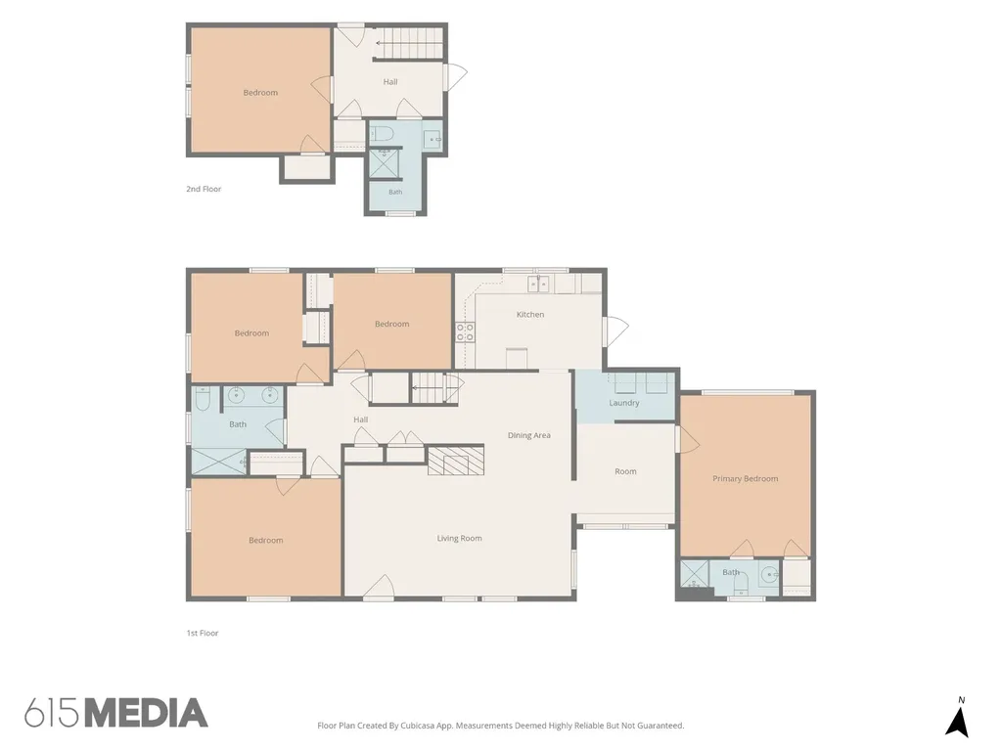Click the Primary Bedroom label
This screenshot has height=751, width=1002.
[745, 478]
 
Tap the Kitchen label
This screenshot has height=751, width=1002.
[530, 314]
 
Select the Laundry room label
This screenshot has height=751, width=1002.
[623, 403]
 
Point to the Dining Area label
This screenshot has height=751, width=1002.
[529, 435]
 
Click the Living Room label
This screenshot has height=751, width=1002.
[460, 539]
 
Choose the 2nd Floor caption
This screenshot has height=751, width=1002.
[204, 189]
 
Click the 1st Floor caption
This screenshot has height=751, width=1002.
[203, 633]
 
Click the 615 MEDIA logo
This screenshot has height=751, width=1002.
[116, 713]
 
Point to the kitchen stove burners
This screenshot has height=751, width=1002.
[465, 332]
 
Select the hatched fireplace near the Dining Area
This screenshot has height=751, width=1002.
[456, 460]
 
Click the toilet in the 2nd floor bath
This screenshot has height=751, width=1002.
[382, 134]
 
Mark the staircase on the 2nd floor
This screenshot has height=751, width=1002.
[408, 43]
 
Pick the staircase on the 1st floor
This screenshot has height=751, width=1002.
[434, 387]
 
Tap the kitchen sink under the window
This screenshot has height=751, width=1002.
[537, 284]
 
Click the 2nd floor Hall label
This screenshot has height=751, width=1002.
[390, 82]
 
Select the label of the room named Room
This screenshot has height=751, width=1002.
[625, 471]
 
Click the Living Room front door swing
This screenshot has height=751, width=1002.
[379, 587]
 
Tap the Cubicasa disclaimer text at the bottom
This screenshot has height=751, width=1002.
[501, 726]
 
